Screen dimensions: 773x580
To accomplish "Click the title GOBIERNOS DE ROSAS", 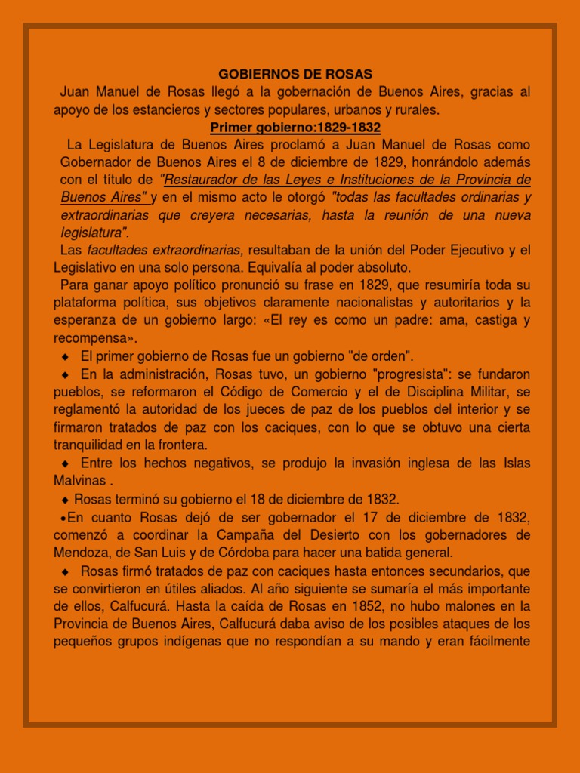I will click(x=295, y=75).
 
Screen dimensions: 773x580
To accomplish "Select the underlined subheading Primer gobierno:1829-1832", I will click(x=295, y=127).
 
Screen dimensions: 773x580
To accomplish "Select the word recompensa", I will click(x=93, y=337).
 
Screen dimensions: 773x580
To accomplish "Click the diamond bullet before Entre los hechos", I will click(x=65, y=463).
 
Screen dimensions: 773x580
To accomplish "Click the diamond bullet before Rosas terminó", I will click(x=66, y=500).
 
